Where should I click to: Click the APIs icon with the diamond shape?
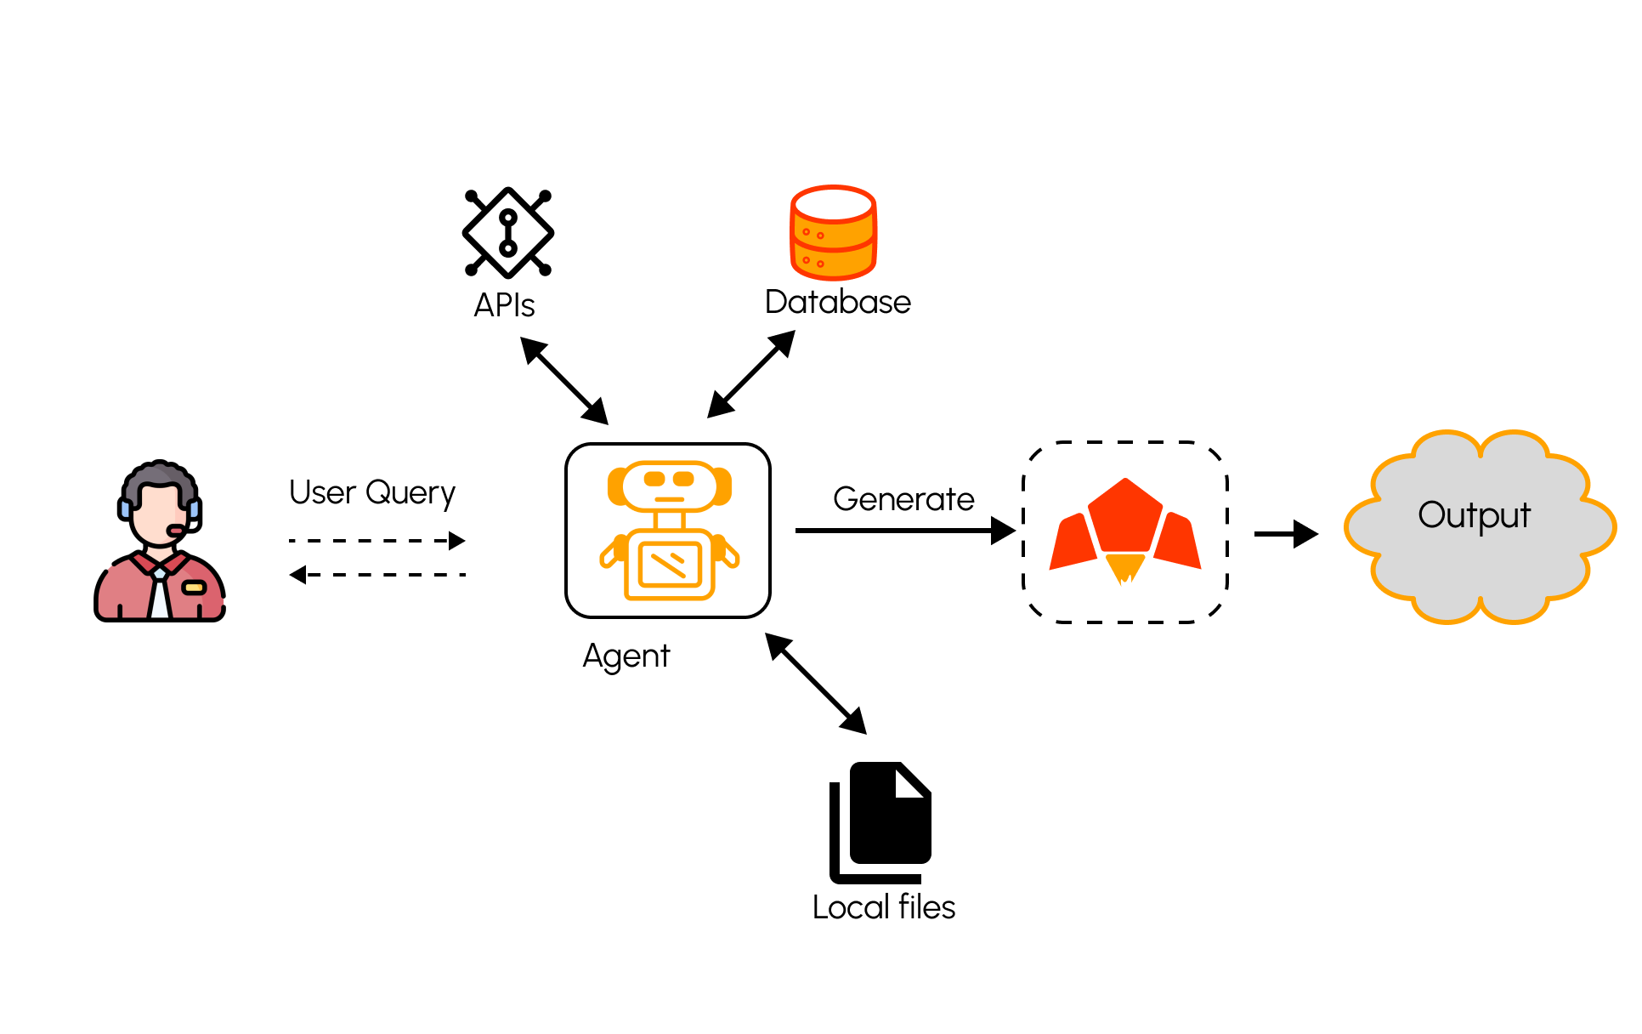click(508, 232)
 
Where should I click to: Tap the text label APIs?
click(504, 305)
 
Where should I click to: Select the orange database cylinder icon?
click(833, 232)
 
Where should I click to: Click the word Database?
click(837, 302)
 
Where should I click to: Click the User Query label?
click(372, 493)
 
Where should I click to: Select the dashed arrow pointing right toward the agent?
click(377, 541)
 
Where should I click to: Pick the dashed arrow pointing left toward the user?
click(377, 575)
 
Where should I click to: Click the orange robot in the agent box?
click(669, 531)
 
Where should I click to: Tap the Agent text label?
click(626, 656)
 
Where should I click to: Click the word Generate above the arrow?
click(903, 499)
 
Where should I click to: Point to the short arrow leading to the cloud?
click(1286, 534)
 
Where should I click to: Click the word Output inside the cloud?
click(1475, 515)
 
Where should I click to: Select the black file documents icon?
click(880, 821)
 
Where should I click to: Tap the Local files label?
click(884, 907)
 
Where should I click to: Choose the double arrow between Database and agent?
click(751, 374)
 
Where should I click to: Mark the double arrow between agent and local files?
click(816, 684)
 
